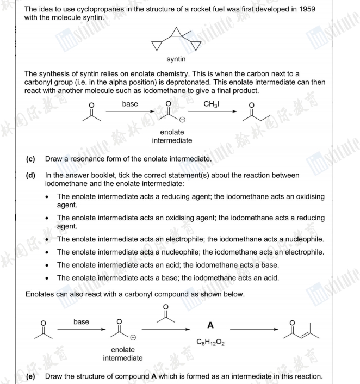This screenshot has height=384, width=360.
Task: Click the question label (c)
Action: (30, 159)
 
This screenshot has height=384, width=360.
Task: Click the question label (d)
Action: (30, 175)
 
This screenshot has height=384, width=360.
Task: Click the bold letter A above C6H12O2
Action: (210, 325)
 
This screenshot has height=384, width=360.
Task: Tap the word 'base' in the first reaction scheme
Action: (130, 104)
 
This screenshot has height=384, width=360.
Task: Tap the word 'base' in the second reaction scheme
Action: (81, 321)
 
